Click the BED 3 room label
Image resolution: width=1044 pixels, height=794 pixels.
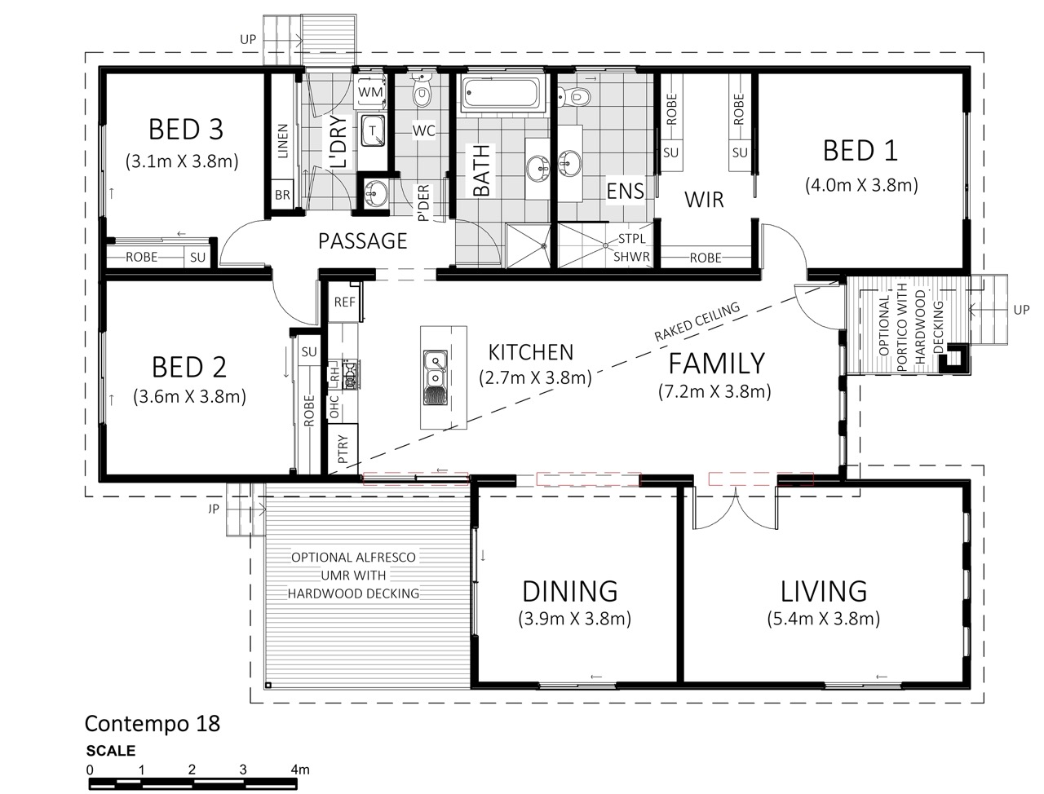coord(186,130)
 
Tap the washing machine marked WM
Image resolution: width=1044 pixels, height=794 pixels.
coord(370,91)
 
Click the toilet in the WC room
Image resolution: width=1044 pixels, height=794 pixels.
coord(421,90)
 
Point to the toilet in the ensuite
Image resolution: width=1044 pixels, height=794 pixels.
coord(574,97)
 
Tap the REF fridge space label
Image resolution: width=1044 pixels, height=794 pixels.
coord(344,302)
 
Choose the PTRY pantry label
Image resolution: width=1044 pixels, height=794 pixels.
coord(343,449)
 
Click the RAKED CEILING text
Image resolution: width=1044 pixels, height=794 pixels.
coord(697,322)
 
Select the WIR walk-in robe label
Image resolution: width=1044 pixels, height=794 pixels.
coord(704,200)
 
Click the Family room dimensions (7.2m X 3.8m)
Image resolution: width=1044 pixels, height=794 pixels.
coord(714,391)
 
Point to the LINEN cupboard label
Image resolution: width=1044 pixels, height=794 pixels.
coord(282,141)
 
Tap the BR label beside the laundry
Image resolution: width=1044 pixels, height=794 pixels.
coord(282,194)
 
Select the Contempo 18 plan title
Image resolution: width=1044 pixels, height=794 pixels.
coord(153,724)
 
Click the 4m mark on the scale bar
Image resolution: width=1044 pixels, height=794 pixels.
coord(299,770)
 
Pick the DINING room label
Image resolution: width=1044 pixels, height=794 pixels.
coord(570,591)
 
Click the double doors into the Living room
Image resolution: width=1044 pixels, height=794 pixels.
coord(736,509)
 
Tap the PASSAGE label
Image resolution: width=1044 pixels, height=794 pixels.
coord(362,241)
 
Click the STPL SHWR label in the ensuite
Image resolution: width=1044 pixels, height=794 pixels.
coord(631,247)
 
